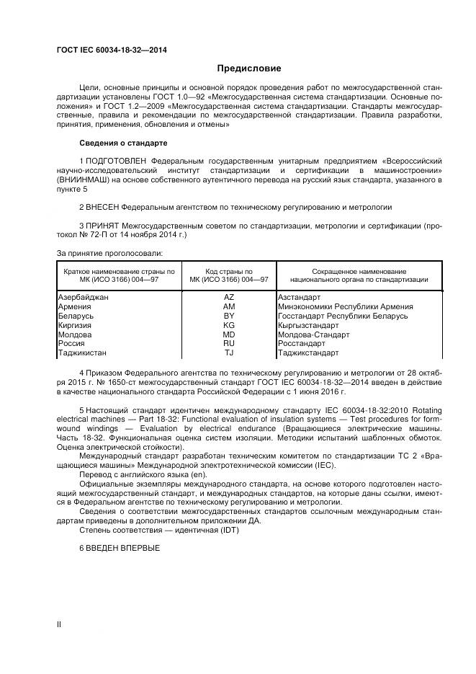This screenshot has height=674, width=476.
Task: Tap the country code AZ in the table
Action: pyautogui.click(x=229, y=297)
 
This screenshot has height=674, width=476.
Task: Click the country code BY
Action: pyautogui.click(x=229, y=316)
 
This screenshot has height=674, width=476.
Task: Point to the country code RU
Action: pyautogui.click(x=229, y=344)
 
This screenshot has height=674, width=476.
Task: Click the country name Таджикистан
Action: pyautogui.click(x=81, y=353)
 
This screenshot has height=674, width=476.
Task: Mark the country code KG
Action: pyautogui.click(x=229, y=325)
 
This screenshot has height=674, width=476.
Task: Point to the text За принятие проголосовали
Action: pyautogui.click(x=109, y=253)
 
